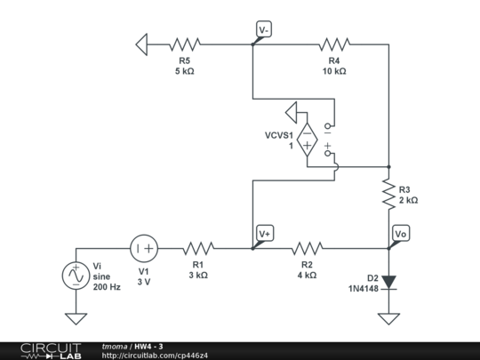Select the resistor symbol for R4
point(334,43)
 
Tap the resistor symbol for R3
point(388,194)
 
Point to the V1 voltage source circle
point(144,249)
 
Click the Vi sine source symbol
point(75,276)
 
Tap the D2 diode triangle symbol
point(388,282)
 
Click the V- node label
point(263,29)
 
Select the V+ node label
point(264,234)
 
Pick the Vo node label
point(401,234)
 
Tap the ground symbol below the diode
point(388,317)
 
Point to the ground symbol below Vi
point(75,317)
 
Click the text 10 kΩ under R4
point(334,71)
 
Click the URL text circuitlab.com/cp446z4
point(156,356)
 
